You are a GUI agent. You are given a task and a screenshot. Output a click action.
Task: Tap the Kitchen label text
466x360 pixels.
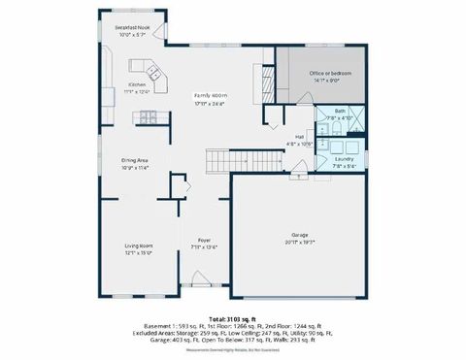pos(136,84)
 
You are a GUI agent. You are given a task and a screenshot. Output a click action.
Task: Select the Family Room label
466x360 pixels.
pos(210,95)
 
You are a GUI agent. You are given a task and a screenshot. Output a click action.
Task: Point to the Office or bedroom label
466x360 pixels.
pos(329,74)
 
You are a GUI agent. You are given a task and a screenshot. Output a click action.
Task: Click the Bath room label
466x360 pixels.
pos(340,112)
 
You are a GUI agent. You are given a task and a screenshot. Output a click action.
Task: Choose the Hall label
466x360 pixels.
pos(299,137)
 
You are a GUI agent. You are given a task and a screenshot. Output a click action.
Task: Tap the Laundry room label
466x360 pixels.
pos(343,158)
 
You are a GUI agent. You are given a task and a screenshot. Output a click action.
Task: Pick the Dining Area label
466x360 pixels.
pos(135,160)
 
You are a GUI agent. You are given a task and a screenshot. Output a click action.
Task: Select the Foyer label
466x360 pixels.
pos(204,240)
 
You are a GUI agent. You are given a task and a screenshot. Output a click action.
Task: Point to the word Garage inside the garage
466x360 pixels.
pos(300,235)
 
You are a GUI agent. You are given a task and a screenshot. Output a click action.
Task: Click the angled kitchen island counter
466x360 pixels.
pos(151,70)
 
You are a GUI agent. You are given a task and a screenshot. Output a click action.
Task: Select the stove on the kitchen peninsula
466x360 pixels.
pos(149,117)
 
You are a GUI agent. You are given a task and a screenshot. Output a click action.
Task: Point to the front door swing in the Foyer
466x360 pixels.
pos(202,280)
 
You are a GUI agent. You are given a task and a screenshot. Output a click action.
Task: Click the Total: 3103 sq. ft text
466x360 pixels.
pos(232,316)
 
